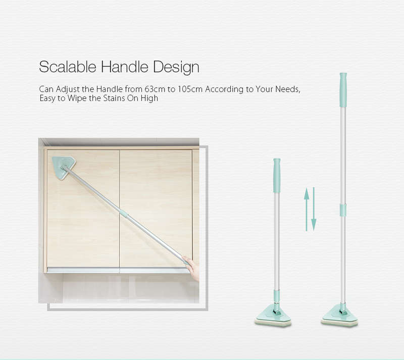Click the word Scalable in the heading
click(68, 67)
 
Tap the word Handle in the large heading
click(124, 67)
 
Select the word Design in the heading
click(176, 68)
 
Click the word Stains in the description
click(114, 98)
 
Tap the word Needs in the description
click(287, 89)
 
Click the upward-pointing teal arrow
click(307, 209)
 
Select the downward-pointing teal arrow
click(314, 209)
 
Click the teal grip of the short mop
click(277, 176)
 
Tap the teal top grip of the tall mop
click(343, 90)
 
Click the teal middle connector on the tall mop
click(343, 210)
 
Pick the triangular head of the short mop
click(273, 316)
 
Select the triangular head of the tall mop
click(339, 316)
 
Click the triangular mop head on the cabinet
click(64, 168)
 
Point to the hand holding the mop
click(192, 268)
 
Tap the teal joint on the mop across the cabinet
click(123, 214)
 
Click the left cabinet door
click(83, 209)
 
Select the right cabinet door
click(156, 209)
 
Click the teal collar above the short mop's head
click(276, 295)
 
